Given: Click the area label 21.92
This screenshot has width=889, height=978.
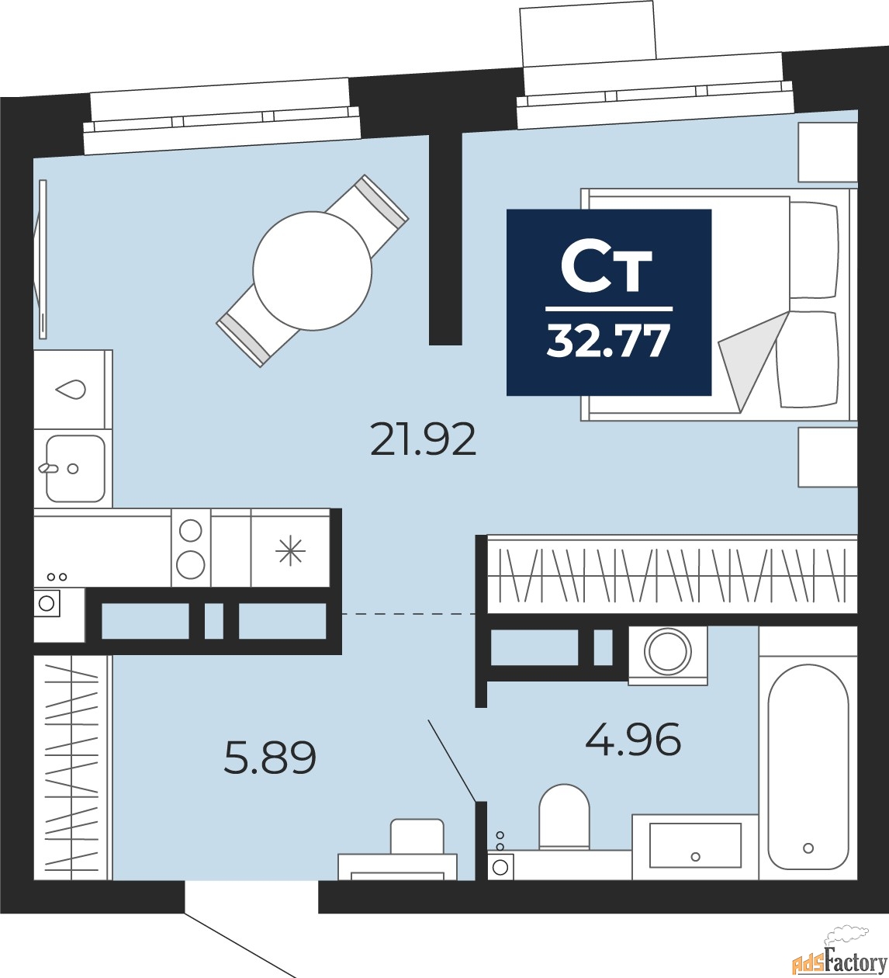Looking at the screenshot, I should click(423, 440).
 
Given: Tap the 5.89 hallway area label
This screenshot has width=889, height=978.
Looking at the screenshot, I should click(270, 758).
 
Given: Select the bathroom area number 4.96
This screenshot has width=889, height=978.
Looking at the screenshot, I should click(633, 739).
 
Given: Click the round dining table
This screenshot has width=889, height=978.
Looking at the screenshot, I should click(312, 270).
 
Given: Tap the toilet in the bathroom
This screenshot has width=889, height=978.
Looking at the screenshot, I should click(564, 816).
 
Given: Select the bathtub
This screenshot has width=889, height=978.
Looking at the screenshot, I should click(808, 765).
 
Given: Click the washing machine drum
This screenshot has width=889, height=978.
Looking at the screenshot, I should click(668, 651).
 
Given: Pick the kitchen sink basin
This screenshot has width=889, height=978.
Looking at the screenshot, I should click(75, 468).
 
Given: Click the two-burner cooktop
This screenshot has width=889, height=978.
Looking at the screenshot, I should click(191, 548).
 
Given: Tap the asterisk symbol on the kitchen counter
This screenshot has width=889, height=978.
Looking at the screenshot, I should click(291, 550).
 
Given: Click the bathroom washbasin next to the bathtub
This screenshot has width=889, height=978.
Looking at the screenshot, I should click(695, 845).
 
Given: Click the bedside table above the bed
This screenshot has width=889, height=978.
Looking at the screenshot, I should click(828, 152).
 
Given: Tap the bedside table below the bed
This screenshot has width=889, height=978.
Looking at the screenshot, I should click(828, 456).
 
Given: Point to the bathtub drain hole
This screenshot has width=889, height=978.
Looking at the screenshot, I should click(808, 848).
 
